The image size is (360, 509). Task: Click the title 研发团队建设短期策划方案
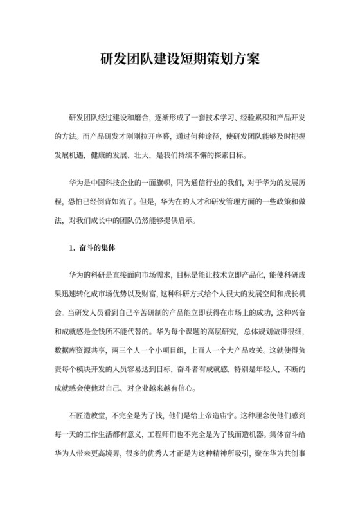point(180,58)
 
